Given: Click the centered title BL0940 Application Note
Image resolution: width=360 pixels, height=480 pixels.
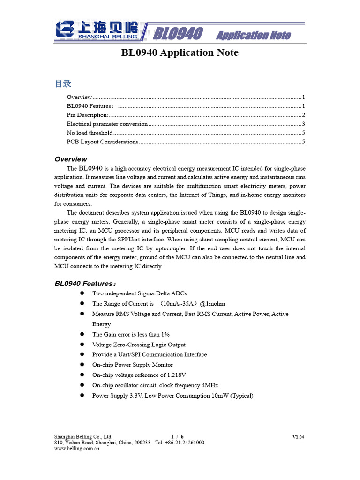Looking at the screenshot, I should pos(180,52).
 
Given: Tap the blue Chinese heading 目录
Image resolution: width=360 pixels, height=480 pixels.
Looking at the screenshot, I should pos(63,84).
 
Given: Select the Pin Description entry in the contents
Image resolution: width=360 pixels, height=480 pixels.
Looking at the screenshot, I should pos(88,115).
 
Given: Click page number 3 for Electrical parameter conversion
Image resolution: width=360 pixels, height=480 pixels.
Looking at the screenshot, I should pos(304,124).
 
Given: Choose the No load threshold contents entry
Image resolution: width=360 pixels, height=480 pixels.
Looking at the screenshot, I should pos(90,133).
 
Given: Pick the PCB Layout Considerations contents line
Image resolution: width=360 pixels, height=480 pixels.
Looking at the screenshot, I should pos(103,142).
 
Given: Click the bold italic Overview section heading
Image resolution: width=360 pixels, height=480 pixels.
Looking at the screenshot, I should pos(71,159).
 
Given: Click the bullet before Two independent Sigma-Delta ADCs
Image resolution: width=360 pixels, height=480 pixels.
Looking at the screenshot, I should pos(82,293).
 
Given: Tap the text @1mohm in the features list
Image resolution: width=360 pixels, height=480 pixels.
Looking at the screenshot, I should pos(212,303).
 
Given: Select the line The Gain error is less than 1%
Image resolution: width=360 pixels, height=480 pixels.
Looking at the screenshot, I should pos(131,334).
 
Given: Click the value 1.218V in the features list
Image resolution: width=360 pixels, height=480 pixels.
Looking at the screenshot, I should pos(176,375).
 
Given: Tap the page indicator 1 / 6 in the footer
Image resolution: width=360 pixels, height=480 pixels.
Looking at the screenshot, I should pos(177,436).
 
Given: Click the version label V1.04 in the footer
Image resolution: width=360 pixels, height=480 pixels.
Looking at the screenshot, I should pos(298,437).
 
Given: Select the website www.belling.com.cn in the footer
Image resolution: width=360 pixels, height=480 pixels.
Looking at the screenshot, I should pos(77,449).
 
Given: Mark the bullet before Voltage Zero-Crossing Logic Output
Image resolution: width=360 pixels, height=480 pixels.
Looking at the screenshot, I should pos(82,345).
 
